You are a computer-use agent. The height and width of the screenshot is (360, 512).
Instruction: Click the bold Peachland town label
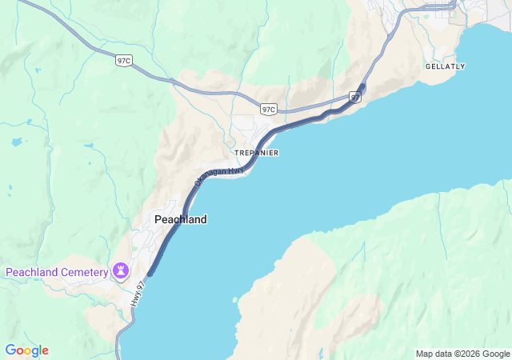[x=180, y=219]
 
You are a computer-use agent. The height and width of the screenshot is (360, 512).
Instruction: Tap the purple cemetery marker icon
[x=121, y=270]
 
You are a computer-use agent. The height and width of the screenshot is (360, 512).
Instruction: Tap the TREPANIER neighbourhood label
[x=256, y=153]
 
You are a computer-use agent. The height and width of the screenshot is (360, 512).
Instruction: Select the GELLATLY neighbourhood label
[x=445, y=66]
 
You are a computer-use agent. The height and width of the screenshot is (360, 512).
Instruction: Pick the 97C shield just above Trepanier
[x=269, y=109]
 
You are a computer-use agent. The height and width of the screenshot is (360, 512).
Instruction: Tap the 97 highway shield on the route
[x=355, y=97]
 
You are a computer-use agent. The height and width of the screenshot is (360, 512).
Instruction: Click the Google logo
[x=26, y=350]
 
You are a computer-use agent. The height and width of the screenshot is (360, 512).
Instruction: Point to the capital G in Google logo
[x=10, y=350]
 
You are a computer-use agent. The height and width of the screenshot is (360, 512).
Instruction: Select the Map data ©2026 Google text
[x=462, y=354]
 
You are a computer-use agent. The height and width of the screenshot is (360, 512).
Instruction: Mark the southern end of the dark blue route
[x=150, y=274]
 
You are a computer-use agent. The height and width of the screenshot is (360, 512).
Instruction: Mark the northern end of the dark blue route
[x=363, y=85]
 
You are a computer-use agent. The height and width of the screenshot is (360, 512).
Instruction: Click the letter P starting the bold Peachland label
[x=158, y=219]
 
